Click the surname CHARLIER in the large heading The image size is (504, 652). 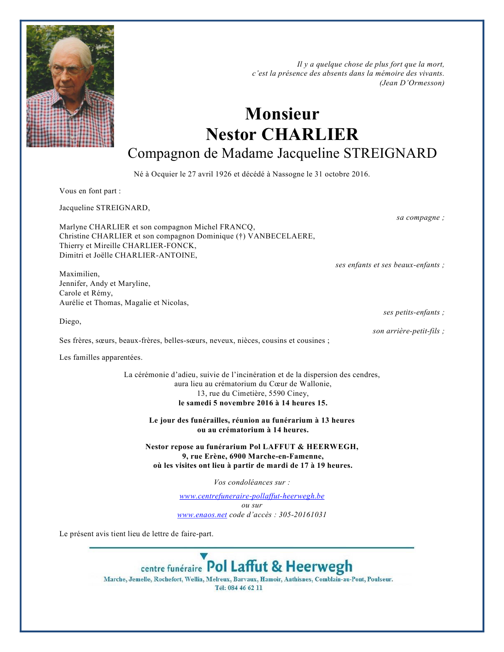[x=310, y=135]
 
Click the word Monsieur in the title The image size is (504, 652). [x=282, y=114]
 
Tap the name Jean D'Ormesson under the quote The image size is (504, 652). [x=413, y=83]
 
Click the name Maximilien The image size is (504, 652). [x=79, y=274]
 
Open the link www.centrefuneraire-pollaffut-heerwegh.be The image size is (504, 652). [x=252, y=496]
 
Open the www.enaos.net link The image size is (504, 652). [x=202, y=515]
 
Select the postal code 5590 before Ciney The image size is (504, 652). [x=277, y=393]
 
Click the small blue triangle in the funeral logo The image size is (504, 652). [x=204, y=556]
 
